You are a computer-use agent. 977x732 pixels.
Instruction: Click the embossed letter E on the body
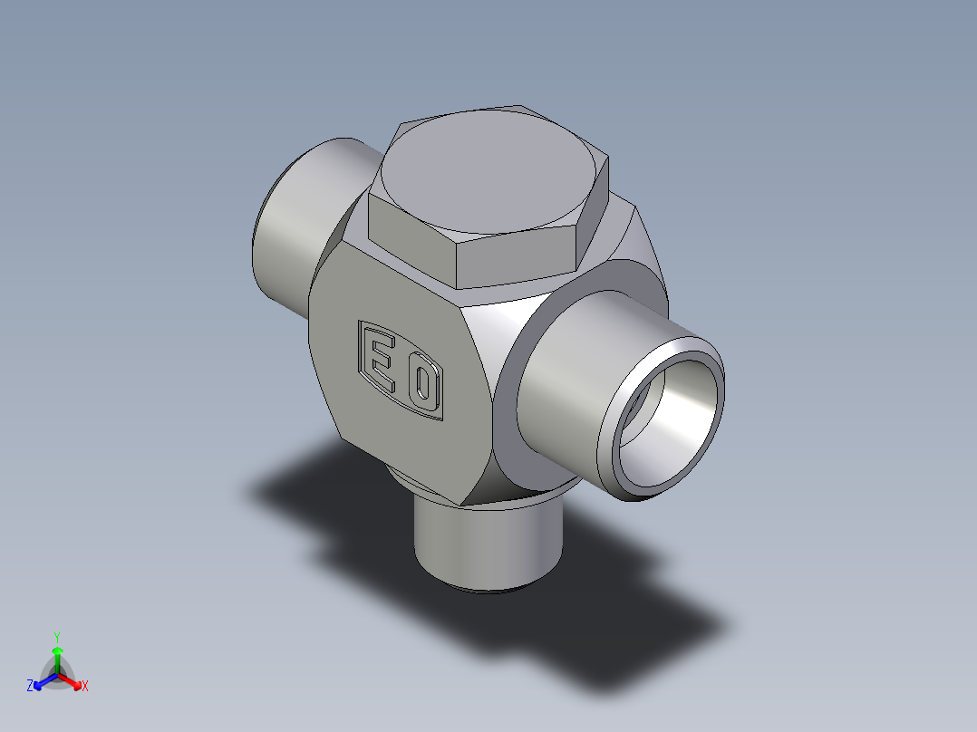(x=379, y=361)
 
